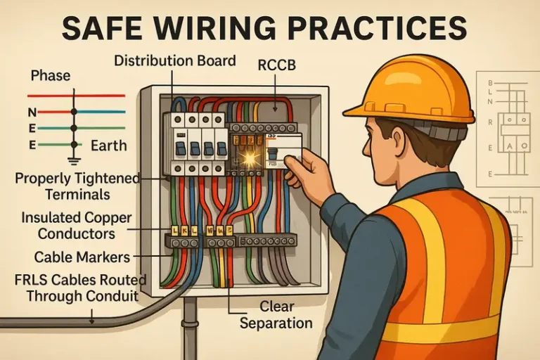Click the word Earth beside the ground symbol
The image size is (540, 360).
coord(109,146)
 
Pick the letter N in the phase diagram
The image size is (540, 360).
coord(32,112)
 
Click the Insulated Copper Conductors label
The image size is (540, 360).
coord(75,226)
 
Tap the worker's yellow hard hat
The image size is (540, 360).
coord(407,88)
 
